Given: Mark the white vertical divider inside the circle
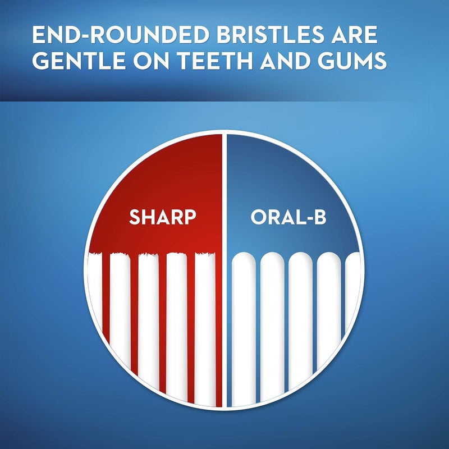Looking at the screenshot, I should pos(224,269).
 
